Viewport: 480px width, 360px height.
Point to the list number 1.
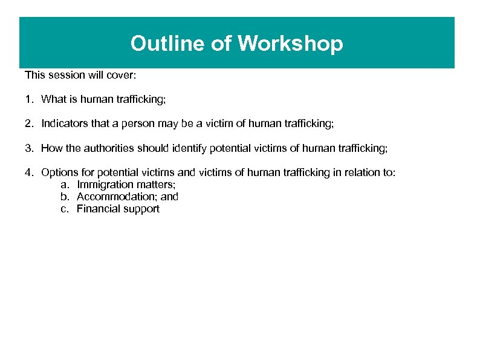28,99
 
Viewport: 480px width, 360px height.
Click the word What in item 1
53,99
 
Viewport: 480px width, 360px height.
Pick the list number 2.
28,123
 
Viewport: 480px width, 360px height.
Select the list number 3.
28,148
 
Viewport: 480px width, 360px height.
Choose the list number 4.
28,172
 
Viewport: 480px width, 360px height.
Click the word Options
58,172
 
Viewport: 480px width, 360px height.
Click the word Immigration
102,185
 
